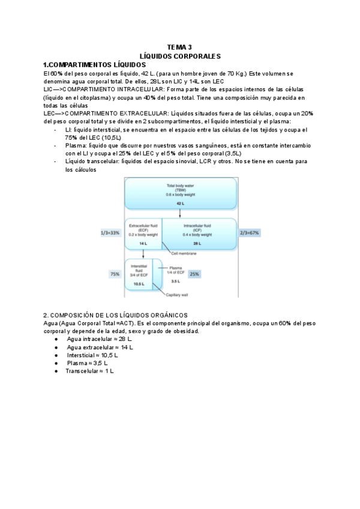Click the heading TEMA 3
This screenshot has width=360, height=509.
pyautogui.click(x=180, y=47)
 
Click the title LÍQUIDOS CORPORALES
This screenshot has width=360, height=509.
pyautogui.click(x=180, y=55)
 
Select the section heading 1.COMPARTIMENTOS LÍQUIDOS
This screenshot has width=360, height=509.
pyautogui.click(x=94, y=64)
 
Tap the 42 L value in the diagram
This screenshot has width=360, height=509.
pyautogui.click(x=180, y=203)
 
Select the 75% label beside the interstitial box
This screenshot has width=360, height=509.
pyautogui.click(x=114, y=274)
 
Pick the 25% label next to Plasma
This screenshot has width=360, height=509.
pyautogui.click(x=194, y=274)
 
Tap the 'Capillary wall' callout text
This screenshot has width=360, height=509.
pyautogui.click(x=178, y=295)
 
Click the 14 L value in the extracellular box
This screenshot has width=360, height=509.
pyautogui.click(x=143, y=244)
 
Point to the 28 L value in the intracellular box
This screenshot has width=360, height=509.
pyautogui.click(x=197, y=244)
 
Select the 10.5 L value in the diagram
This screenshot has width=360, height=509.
pyautogui.click(x=139, y=284)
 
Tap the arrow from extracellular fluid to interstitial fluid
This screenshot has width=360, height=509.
pyautogui.click(x=143, y=254)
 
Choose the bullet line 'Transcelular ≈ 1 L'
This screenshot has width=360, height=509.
pyautogui.click(x=90, y=371)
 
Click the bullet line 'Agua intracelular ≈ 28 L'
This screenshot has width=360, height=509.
pyautogui.click(x=100, y=339)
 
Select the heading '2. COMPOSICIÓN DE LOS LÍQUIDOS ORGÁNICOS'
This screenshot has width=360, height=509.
pyautogui.click(x=115, y=315)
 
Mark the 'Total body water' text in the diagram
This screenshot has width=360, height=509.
pyautogui.click(x=180, y=185)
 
